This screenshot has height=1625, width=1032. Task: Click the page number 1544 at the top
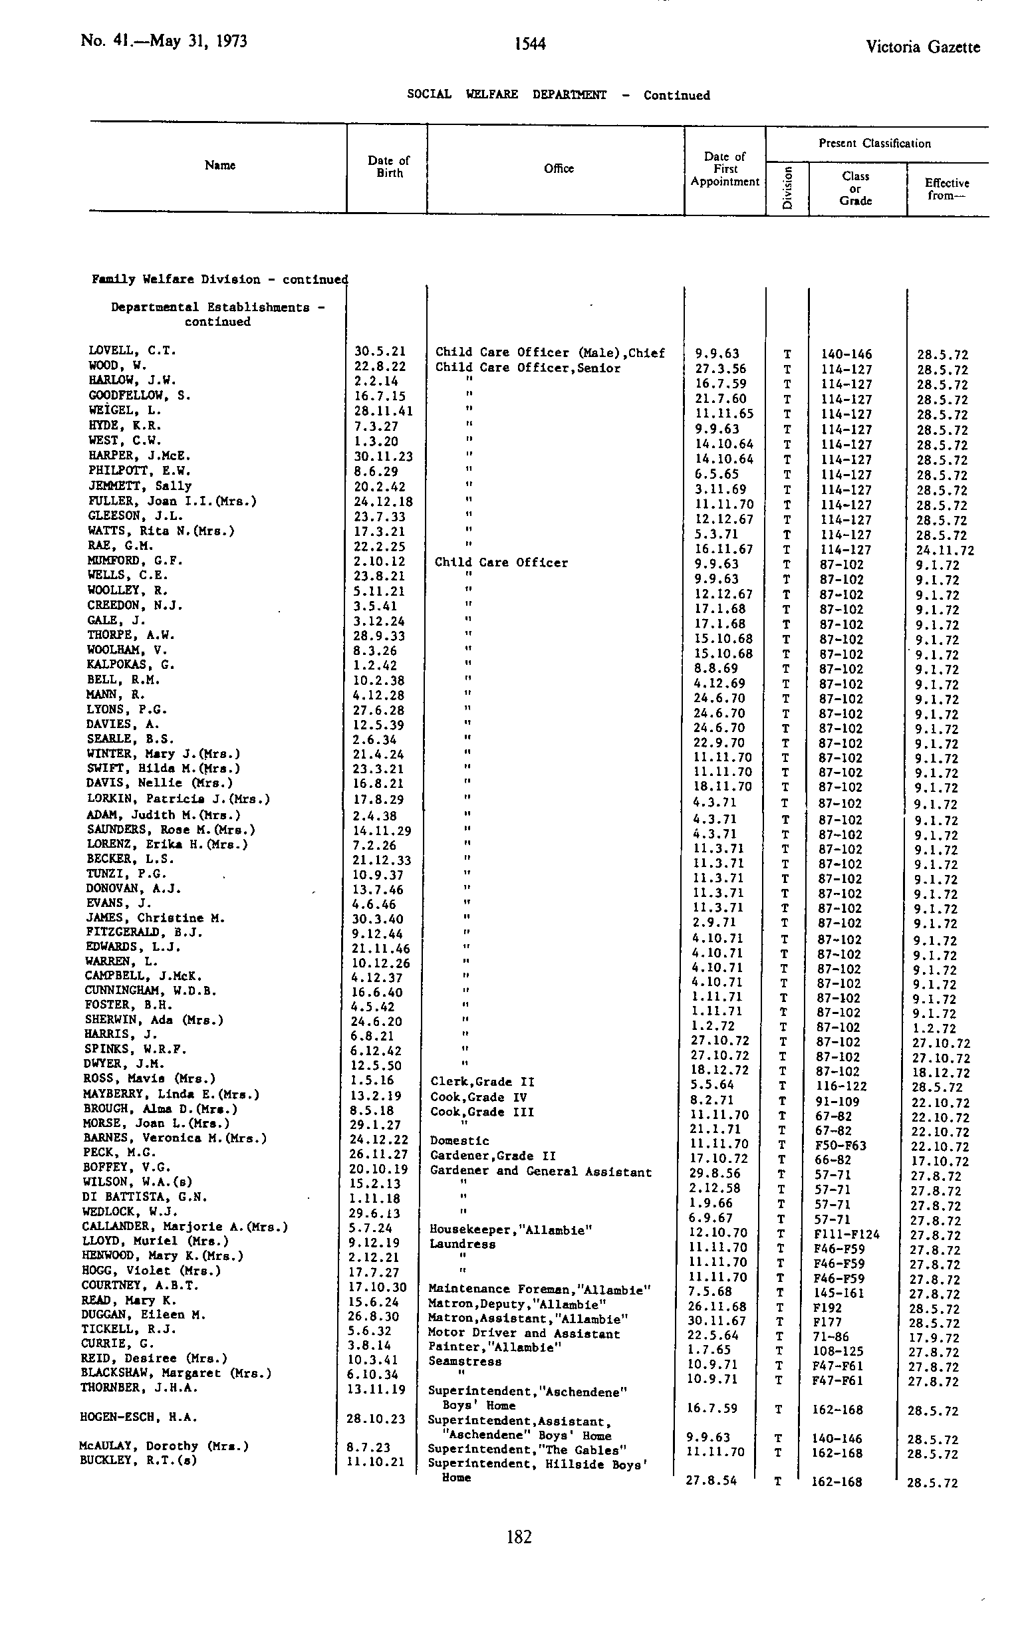click(x=529, y=45)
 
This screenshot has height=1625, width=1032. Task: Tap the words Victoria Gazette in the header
click(x=922, y=47)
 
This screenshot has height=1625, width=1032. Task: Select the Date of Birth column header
click(x=389, y=167)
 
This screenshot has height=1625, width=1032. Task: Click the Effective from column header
click(x=946, y=189)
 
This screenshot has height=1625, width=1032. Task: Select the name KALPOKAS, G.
click(x=130, y=665)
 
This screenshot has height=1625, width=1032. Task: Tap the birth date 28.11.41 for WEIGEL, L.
click(x=384, y=411)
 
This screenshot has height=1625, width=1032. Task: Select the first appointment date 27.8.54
click(x=711, y=1481)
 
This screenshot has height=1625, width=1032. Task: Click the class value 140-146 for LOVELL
click(x=846, y=354)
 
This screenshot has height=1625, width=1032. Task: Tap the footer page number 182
click(x=519, y=1537)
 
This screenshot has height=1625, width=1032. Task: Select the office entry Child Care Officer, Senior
click(x=527, y=368)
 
